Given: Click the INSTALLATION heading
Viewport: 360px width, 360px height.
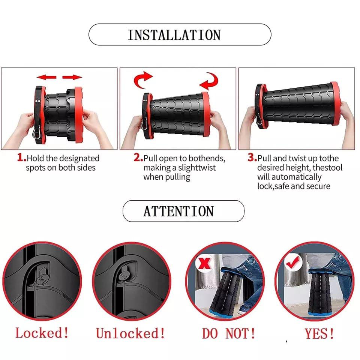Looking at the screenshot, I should (174, 35).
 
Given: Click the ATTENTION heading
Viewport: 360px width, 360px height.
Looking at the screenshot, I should (178, 211).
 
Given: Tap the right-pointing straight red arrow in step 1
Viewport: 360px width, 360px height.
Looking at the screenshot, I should (72, 77).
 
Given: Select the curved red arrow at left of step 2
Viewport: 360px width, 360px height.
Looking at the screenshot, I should (143, 79).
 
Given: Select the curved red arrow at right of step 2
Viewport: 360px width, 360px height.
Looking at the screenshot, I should (208, 80).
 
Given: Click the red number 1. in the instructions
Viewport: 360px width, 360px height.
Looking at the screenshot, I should (21, 158).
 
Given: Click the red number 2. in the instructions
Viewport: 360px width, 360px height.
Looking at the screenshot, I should (138, 158).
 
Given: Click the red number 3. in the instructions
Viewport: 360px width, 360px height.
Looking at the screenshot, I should (252, 158).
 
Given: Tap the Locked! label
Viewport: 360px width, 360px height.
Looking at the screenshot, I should (42, 333).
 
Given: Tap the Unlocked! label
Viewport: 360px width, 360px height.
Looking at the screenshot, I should (130, 333).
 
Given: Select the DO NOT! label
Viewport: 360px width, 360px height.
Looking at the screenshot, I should (229, 333).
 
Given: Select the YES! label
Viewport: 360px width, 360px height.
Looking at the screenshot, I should (319, 333).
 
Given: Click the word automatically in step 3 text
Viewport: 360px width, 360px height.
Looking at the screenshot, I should (289, 177).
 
